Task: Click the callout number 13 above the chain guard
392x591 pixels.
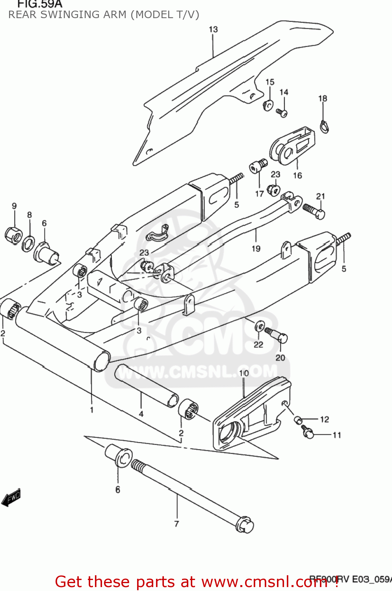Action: coord(213,30)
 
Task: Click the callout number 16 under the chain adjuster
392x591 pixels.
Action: coord(297,175)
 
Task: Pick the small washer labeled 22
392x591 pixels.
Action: coord(260,326)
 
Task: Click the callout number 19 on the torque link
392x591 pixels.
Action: coord(256,249)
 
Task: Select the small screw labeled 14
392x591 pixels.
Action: coord(282,113)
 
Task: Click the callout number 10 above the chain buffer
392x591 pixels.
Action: coord(244,373)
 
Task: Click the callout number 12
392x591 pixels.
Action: coord(324,419)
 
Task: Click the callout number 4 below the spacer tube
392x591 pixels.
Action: coord(141,414)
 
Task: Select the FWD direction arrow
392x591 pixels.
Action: coord(11,498)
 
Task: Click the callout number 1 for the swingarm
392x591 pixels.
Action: coord(92,410)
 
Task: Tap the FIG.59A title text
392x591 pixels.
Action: coord(40,4)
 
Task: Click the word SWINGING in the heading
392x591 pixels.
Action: coord(68,15)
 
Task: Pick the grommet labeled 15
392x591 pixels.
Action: coord(268,105)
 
